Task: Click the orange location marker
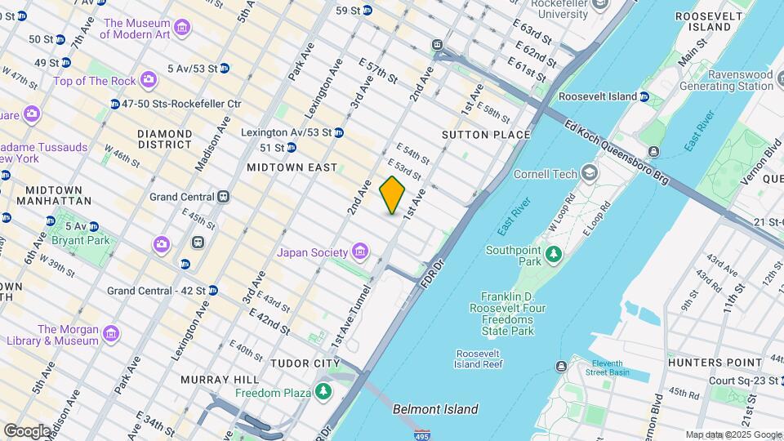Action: [x=393, y=195]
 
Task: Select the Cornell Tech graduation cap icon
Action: [x=589, y=173]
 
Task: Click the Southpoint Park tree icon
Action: [x=554, y=255]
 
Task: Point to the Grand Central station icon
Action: [x=222, y=197]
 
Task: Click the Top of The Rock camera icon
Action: [x=148, y=80]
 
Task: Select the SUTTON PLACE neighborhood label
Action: [x=486, y=135]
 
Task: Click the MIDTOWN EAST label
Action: [x=292, y=167]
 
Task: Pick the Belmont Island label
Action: [x=435, y=409]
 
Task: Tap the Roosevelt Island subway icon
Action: [x=644, y=96]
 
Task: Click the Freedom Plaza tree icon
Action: [x=324, y=393]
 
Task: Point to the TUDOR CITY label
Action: [x=305, y=363]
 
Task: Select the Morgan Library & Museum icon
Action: [x=110, y=334]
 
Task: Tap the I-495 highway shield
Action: [x=422, y=434]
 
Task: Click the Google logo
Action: [x=26, y=430]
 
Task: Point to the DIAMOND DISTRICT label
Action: [x=164, y=139]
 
